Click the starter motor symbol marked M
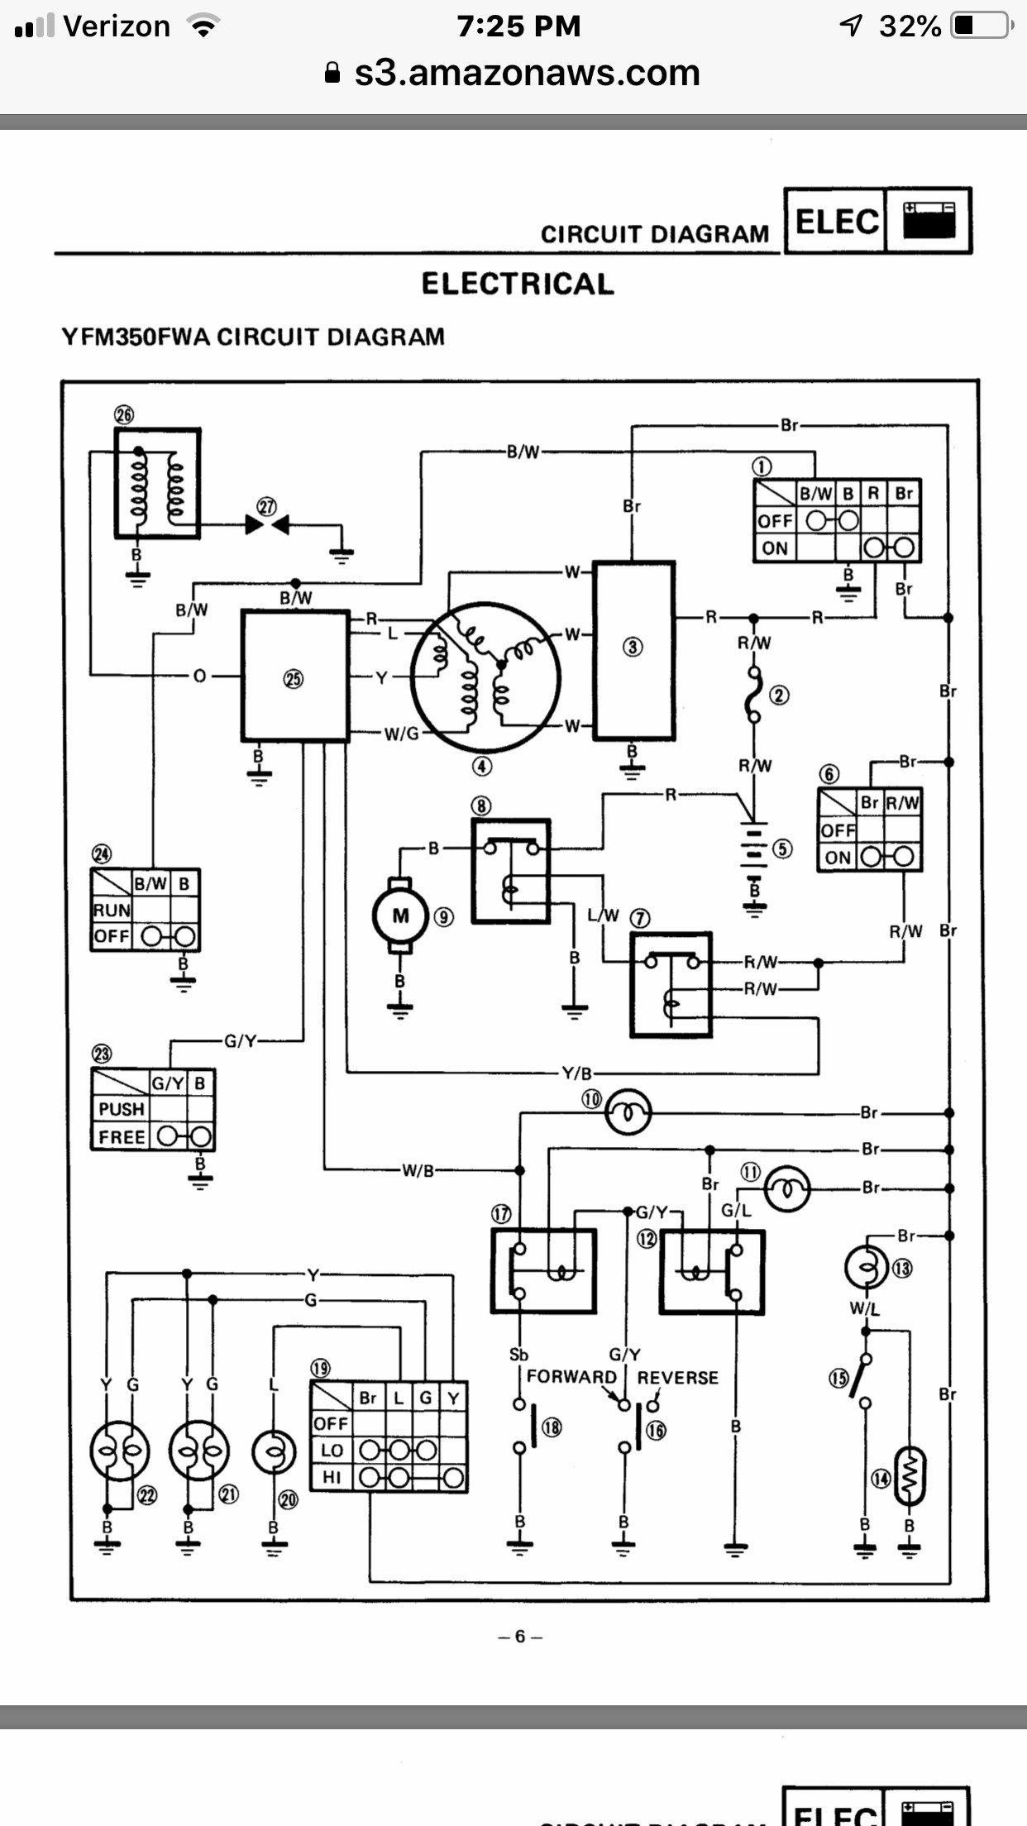coord(400,915)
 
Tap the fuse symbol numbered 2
coord(753,696)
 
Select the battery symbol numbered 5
coord(752,849)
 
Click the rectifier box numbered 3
coord(633,649)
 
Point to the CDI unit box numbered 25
coord(294,676)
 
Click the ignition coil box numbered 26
coord(157,483)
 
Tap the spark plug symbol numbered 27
coord(267,524)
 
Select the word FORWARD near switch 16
coord(571,1377)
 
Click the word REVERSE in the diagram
coord(677,1378)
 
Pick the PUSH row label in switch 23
coord(122,1109)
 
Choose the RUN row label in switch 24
coord(112,910)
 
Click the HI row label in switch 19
coord(332,1477)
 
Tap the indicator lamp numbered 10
coord(628,1112)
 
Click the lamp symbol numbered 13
coord(866,1268)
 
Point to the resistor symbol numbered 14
coord(910,1477)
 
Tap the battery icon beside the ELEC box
coord(929,220)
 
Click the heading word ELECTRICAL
coord(518,284)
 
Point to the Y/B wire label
coord(577,1073)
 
